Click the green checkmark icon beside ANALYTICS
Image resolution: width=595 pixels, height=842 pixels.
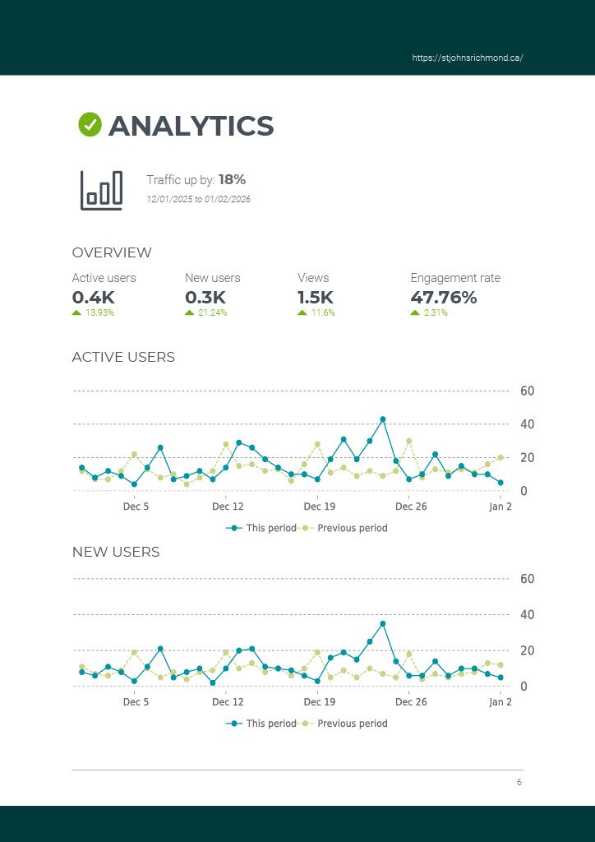coord(90,125)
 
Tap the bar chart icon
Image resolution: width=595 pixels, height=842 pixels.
coord(101,190)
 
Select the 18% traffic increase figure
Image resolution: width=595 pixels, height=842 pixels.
coord(232,179)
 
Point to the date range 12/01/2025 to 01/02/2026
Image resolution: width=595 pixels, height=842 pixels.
coord(198,200)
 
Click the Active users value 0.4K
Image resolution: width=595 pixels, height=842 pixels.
coord(93,298)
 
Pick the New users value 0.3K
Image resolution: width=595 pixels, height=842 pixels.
coord(205,298)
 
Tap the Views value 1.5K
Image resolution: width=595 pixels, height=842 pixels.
coord(316,298)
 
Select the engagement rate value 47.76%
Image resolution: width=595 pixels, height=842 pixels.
coord(444,298)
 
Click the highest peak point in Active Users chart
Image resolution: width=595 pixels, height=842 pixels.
coord(383,419)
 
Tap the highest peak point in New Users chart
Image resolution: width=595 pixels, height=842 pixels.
coord(383,623)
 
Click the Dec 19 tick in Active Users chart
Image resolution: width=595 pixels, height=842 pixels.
coord(319,507)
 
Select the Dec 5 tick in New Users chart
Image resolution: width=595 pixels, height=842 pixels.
coord(136,702)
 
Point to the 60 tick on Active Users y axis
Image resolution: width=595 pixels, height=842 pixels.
coord(528,391)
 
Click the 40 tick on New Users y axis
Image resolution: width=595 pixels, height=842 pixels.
coord(528,614)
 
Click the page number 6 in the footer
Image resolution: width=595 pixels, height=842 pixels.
coord(519,783)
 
